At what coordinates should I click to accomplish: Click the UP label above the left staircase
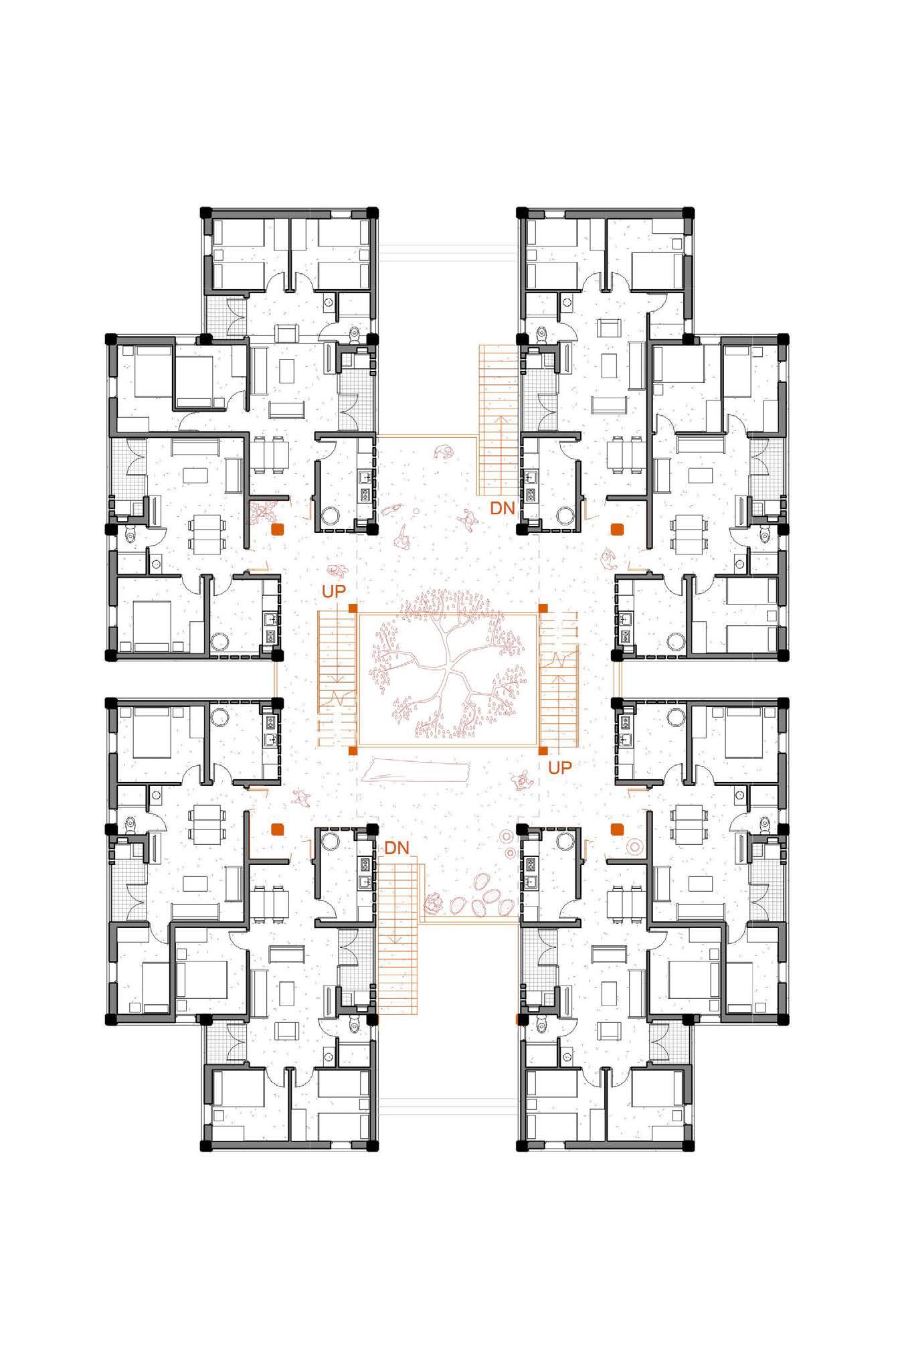(x=334, y=592)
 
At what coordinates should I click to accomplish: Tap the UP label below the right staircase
(x=560, y=768)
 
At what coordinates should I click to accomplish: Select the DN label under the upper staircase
(x=503, y=508)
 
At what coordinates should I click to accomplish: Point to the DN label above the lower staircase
(x=397, y=848)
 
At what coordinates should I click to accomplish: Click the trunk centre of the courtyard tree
(x=447, y=676)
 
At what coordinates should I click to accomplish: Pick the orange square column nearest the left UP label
(x=353, y=608)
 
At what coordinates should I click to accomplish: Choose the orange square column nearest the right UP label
(x=543, y=750)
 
